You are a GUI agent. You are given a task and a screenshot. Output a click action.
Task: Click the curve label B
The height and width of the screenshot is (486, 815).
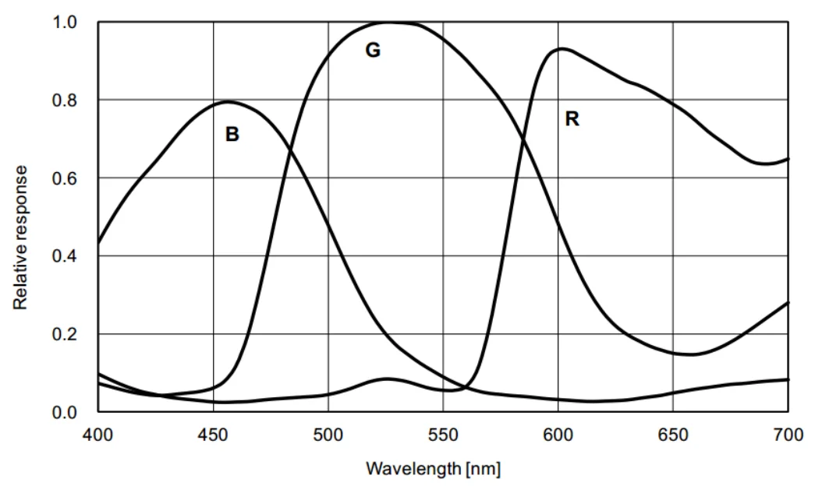pos(232,135)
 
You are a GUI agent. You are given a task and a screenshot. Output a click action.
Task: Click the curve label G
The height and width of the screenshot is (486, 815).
pos(373,51)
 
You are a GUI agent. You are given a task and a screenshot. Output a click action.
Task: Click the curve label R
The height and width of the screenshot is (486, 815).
pos(572,119)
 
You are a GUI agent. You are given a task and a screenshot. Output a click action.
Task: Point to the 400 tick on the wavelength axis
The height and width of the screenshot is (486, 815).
pos(97,434)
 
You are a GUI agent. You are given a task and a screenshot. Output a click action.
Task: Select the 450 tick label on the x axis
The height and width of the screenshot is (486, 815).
pos(213,434)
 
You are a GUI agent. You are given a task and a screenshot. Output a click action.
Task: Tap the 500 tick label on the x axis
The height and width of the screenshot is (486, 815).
pos(328,434)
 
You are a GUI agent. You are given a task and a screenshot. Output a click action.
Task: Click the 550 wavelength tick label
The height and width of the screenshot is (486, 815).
pos(443,434)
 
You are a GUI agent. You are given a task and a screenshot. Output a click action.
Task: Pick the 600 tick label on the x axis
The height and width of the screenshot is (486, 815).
pos(558,434)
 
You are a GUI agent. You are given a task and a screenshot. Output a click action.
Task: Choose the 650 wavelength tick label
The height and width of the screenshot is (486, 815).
pos(673,434)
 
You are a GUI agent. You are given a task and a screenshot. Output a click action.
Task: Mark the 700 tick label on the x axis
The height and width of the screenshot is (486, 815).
pos(788,434)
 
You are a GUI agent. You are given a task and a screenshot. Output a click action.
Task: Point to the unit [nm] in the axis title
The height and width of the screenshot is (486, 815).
pos(484,469)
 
